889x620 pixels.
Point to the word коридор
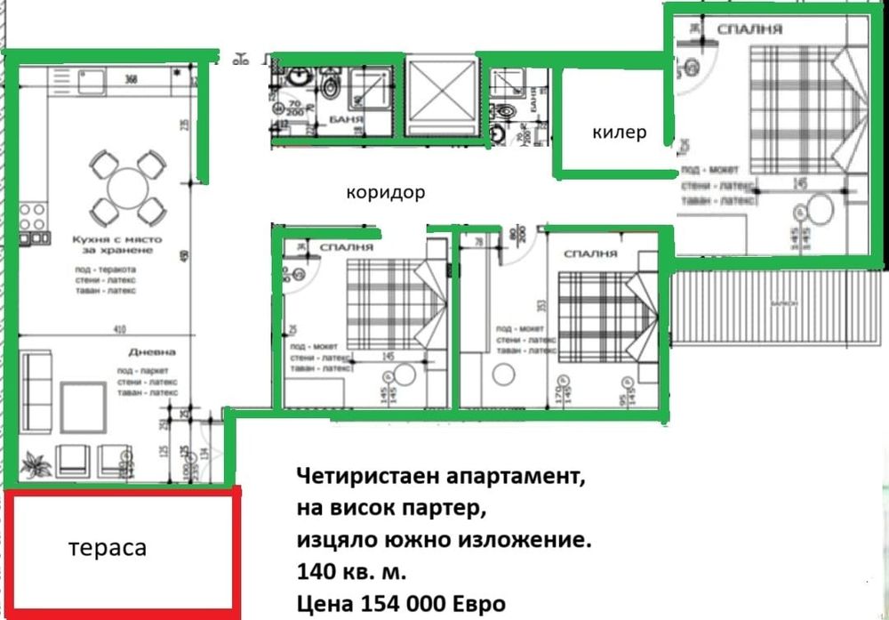(x=386, y=191)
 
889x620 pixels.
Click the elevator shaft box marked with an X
(x=441, y=95)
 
